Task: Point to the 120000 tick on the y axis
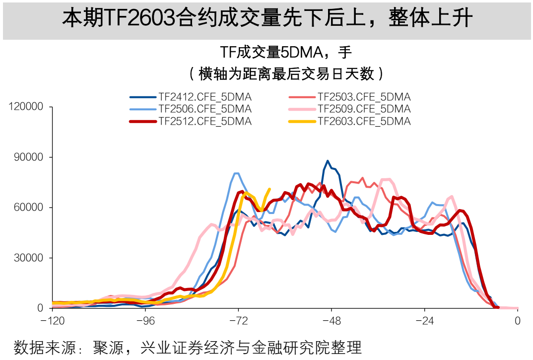26,107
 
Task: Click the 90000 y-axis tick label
29,157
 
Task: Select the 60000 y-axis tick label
29,208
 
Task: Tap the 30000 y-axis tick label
29,258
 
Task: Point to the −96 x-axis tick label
145,321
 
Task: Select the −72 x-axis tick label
238,321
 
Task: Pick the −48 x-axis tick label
332,321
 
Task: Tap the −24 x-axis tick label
424,321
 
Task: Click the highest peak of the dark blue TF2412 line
328,161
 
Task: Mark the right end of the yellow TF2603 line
269,189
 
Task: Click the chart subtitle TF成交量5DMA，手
286,52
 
